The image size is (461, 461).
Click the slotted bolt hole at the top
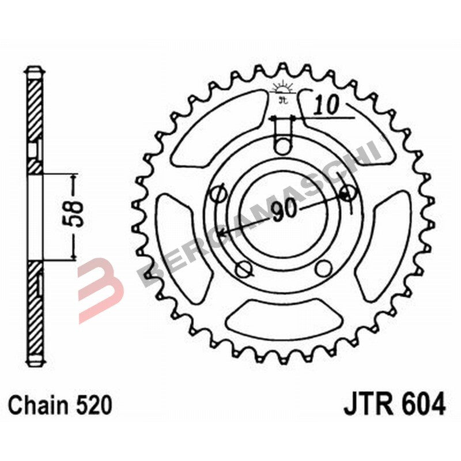click(x=282, y=138)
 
